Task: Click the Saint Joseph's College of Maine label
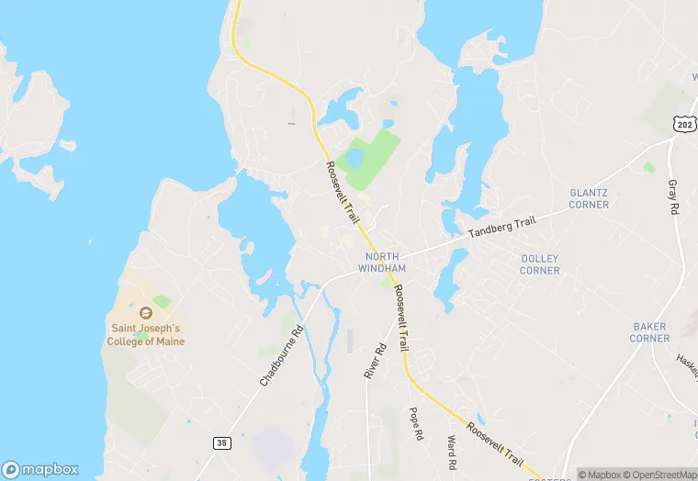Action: [148, 334]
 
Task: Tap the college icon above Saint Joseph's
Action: [146, 312]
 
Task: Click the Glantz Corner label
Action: [589, 198]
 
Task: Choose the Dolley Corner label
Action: [539, 264]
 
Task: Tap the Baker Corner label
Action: [649, 332]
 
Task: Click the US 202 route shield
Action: [682, 124]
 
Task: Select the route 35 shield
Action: [221, 442]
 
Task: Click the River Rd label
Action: [373, 362]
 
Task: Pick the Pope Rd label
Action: [414, 424]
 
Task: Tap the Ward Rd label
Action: [451, 452]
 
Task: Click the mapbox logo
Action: [40, 468]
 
